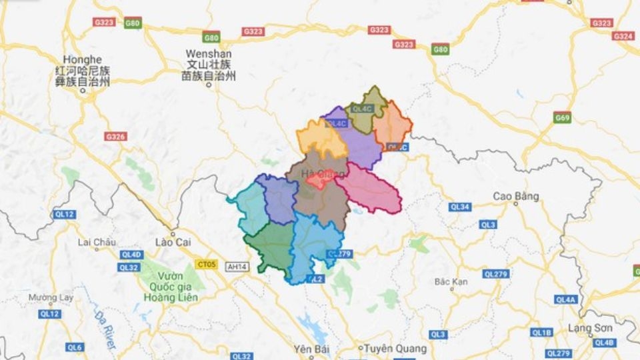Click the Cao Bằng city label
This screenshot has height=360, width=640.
pos(516,196)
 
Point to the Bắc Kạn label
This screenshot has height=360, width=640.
pos(451,282)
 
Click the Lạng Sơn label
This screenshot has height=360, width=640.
pos(590,328)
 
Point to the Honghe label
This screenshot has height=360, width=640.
pos(79,59)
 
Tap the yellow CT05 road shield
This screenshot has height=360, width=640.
pos(206,265)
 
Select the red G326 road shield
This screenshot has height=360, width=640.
pos(115,137)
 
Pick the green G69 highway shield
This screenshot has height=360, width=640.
pos(563,119)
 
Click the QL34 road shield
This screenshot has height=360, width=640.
pos(460,207)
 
